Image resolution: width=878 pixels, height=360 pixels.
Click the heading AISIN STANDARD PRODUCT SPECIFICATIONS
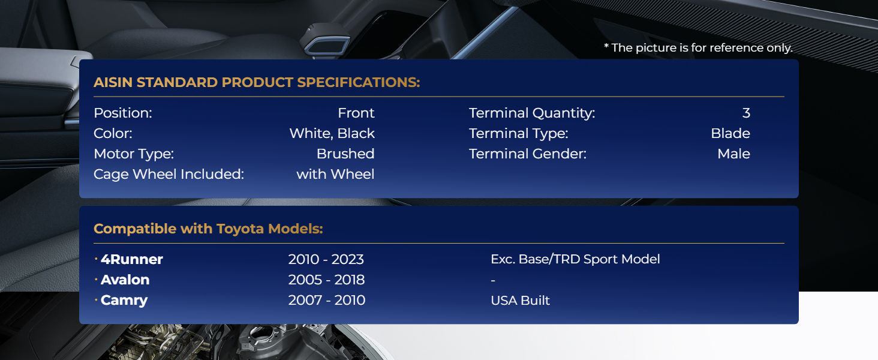coord(257,82)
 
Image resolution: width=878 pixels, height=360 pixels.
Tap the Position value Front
coord(356,113)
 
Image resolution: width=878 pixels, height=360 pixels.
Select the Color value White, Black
coord(332,134)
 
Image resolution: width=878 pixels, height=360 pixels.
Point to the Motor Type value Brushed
coord(345,154)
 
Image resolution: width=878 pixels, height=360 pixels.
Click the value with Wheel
coord(335,174)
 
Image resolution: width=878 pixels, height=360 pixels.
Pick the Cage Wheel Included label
coord(169,175)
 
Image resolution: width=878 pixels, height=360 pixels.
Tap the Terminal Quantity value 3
coord(746,113)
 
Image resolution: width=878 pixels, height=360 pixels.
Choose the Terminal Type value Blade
coord(730,133)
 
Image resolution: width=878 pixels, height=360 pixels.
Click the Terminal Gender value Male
coord(733,154)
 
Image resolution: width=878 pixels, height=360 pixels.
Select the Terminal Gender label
coord(528,154)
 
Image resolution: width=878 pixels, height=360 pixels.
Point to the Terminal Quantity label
coord(532,113)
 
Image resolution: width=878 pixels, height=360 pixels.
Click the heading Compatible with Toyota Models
coord(208,229)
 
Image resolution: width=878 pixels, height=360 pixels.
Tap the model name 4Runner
coord(132,259)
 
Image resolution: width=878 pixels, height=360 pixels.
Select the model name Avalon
coord(125,280)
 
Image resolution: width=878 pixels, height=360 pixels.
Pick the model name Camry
coord(124,301)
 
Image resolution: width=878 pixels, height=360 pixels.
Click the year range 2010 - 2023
coord(326,259)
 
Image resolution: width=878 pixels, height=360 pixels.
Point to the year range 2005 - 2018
coord(326,280)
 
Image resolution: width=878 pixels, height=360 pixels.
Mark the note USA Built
coord(520,301)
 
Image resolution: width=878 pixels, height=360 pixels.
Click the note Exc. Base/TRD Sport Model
coord(575,259)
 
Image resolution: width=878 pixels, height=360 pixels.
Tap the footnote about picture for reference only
coord(698,48)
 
